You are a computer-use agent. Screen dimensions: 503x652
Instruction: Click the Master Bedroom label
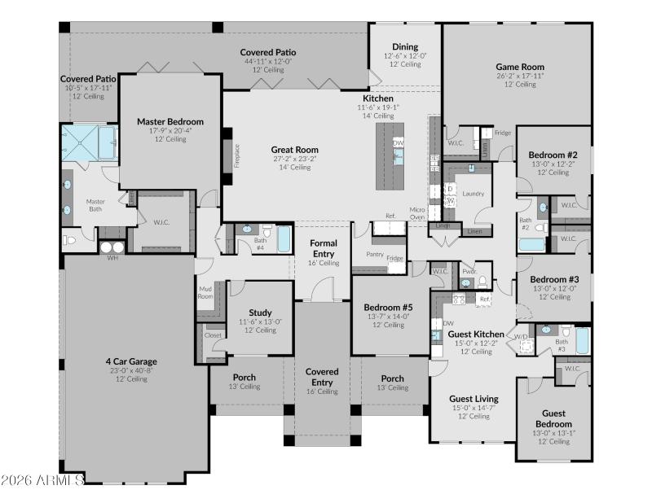(170, 122)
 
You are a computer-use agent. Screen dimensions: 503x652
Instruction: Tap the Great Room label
(294, 150)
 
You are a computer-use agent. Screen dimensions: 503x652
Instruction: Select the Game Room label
(520, 67)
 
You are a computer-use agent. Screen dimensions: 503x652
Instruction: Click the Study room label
(260, 313)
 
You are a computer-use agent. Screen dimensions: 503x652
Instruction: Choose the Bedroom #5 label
(388, 307)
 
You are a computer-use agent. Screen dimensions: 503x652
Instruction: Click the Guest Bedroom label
(553, 418)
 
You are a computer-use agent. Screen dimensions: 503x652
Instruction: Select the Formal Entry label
(324, 248)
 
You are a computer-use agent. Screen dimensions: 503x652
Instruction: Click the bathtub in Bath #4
(283, 239)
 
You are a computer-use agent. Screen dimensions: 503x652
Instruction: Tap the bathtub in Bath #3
(582, 340)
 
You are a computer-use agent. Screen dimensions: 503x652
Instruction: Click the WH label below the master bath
(112, 258)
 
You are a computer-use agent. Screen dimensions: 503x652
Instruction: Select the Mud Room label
(206, 291)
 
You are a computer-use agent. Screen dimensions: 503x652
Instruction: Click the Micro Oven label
(418, 212)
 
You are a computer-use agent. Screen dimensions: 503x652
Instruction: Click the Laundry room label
(473, 194)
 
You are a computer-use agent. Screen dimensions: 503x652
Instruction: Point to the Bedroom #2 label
(553, 155)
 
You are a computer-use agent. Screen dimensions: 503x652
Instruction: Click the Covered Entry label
(322, 377)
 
